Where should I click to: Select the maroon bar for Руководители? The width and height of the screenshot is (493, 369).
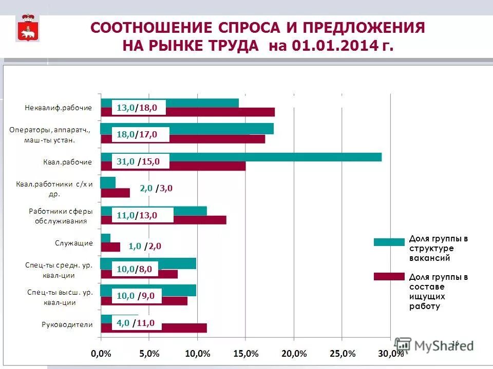pos(185,328)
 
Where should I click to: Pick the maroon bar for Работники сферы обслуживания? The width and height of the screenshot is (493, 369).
pos(200,220)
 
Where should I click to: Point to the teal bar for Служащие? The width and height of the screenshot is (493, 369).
pos(105,238)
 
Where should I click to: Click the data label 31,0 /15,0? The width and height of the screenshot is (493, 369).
pos(138,161)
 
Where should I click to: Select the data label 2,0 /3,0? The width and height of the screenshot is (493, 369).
pos(156,188)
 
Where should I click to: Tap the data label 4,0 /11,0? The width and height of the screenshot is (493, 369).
pos(136,323)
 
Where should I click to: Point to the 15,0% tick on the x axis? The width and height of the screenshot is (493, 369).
pos(245,354)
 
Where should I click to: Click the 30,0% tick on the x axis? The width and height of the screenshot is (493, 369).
pos(390,354)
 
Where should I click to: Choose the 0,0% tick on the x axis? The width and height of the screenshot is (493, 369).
pos(101,354)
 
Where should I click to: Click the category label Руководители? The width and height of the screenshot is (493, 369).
pos(67,324)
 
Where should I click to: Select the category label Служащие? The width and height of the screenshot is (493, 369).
pos(74,243)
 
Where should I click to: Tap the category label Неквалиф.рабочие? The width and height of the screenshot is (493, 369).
pos(59,108)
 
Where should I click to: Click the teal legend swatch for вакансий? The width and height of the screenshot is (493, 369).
pos(389,242)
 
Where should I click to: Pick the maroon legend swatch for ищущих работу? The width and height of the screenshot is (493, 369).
pos(389,277)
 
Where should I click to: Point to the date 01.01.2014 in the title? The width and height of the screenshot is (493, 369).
pos(336,46)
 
